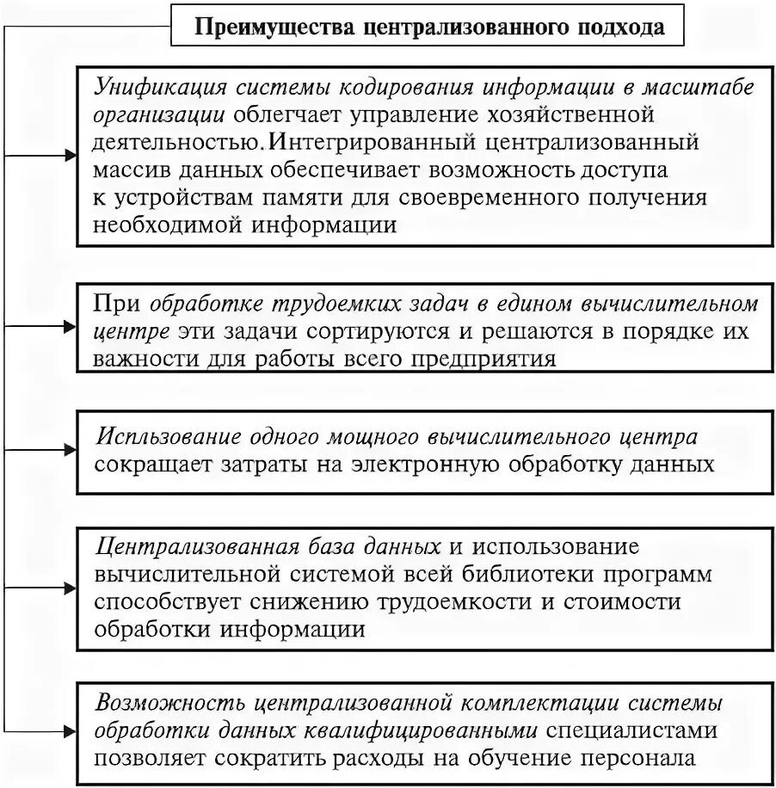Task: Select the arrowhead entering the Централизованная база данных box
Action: coord(71,588)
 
